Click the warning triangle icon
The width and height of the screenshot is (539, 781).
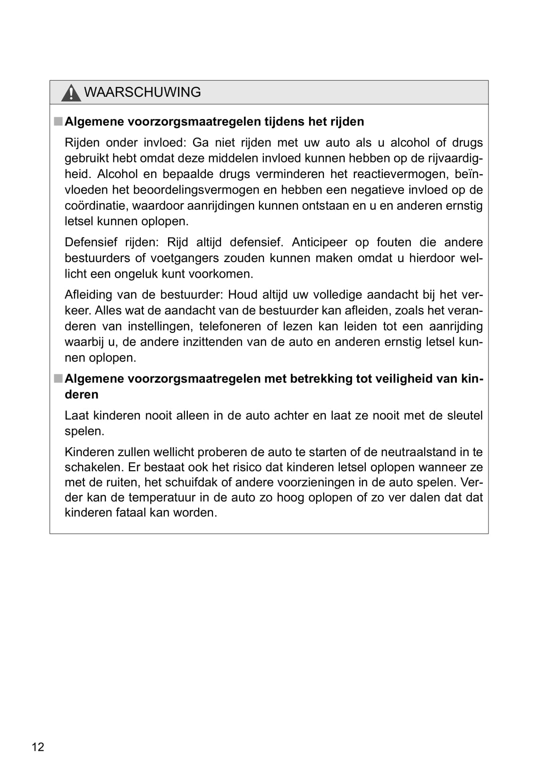click(x=71, y=93)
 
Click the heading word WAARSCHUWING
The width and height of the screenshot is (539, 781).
click(x=142, y=92)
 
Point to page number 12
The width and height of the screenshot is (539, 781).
click(x=38, y=747)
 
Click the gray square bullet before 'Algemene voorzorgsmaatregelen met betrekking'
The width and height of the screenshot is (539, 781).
click(x=58, y=379)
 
